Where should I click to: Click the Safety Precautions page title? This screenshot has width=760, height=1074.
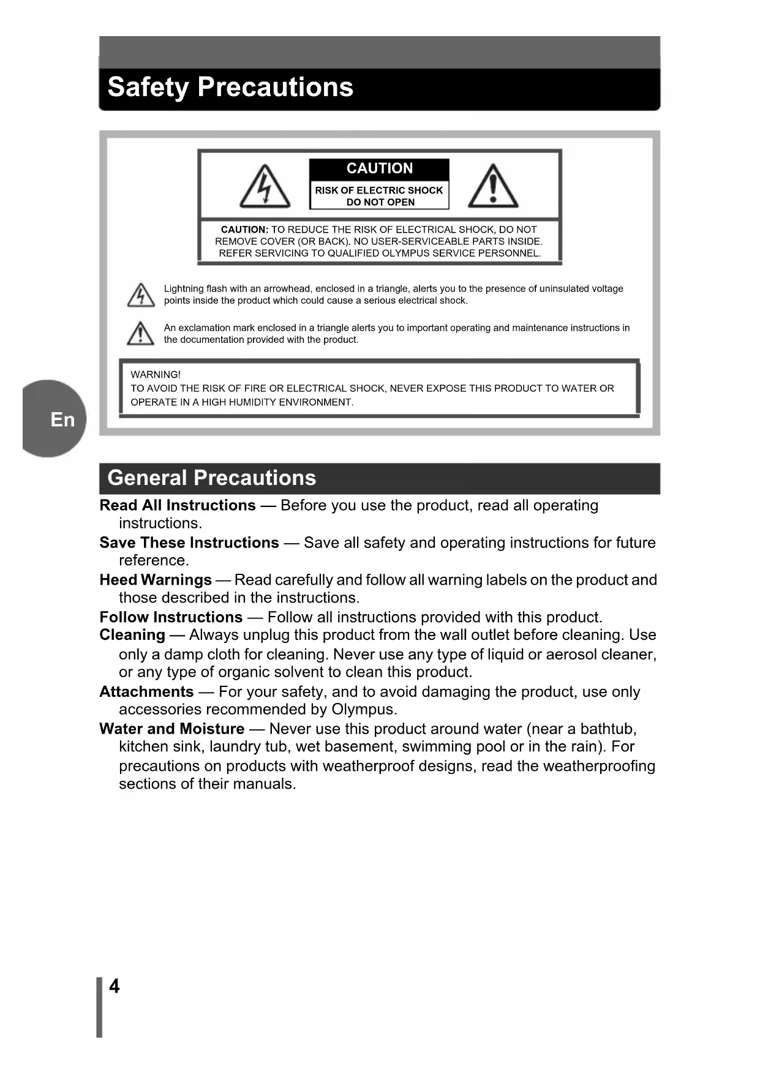[230, 87]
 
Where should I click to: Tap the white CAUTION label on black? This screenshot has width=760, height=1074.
[379, 168]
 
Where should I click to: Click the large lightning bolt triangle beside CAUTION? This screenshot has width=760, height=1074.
[265, 187]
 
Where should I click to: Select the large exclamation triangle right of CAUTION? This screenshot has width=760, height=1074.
[493, 187]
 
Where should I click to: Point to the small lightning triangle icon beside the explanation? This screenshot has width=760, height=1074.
[141, 295]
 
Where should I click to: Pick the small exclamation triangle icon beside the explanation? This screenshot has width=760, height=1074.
[141, 334]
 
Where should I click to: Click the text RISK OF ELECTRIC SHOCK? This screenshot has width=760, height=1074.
[378, 190]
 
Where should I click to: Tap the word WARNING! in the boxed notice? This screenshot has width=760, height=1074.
[156, 374]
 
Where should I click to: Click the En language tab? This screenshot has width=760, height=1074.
[62, 419]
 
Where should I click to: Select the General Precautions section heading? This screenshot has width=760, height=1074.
[211, 478]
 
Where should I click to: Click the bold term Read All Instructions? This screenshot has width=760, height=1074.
[178, 505]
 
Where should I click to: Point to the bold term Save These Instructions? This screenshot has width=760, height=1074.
[189, 543]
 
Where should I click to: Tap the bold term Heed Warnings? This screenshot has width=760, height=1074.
[156, 580]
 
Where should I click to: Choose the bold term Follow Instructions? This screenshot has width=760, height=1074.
[171, 617]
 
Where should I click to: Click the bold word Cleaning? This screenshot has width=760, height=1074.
[132, 635]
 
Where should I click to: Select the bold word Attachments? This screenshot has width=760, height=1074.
[146, 692]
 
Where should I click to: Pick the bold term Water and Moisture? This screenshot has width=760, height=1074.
[172, 729]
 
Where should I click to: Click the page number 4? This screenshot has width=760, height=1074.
[115, 986]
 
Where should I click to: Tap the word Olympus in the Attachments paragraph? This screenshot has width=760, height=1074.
[362, 710]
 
